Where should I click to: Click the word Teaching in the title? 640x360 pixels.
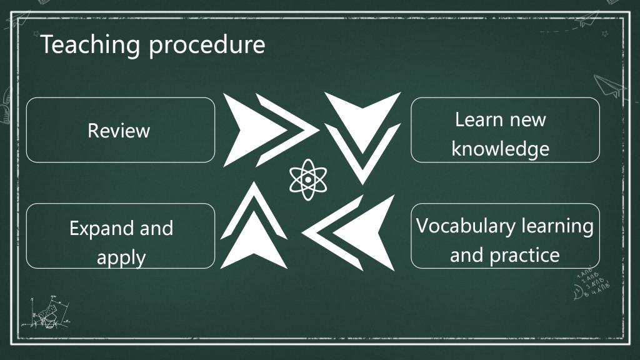coord(90,45)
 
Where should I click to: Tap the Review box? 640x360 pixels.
coord(121,130)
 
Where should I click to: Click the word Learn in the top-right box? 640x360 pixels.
coord(479,119)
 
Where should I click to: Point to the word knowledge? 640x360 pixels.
coord(501,148)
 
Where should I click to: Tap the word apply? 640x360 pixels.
coord(121,258)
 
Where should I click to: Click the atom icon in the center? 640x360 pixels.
coord(308,179)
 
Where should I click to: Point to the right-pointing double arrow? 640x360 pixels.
coord(271,130)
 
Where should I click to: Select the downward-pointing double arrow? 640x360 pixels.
coord(362,138)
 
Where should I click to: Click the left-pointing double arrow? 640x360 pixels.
coord(348,233)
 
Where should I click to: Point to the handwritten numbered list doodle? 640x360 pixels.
coord(592,283)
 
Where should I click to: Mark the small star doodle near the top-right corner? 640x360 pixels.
coord(605,34)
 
